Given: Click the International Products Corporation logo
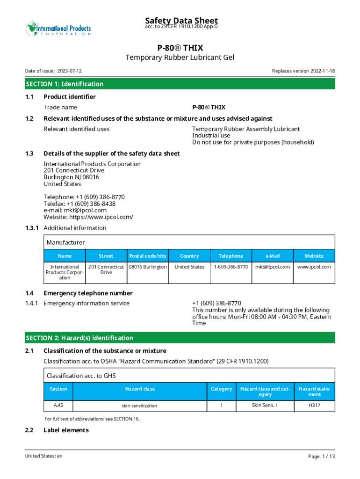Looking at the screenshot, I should tap(58, 29).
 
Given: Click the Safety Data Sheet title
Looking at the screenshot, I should tap(181, 21).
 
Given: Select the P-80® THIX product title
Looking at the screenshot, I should tap(180, 48).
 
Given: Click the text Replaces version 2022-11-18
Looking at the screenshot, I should tap(303, 71).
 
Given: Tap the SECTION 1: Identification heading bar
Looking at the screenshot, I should tap(180, 84).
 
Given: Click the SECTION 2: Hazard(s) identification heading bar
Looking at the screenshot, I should tap(180, 338).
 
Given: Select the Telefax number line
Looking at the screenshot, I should tap(79, 204).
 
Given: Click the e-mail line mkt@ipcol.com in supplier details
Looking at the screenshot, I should tap(75, 210).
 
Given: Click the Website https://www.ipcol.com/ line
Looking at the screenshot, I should tap(88, 217).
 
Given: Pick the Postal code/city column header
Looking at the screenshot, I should tap(148, 256).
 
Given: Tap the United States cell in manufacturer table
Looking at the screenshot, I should tap(189, 267).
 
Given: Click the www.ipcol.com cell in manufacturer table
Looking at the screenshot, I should tap(314, 267).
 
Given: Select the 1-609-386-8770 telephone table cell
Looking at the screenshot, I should tap(231, 267).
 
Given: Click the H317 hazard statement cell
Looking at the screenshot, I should tap(314, 405).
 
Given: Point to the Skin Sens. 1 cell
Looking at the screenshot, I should tap(265, 405).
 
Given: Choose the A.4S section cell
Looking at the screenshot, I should tap(58, 405).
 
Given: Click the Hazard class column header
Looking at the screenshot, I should tap(140, 389).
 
